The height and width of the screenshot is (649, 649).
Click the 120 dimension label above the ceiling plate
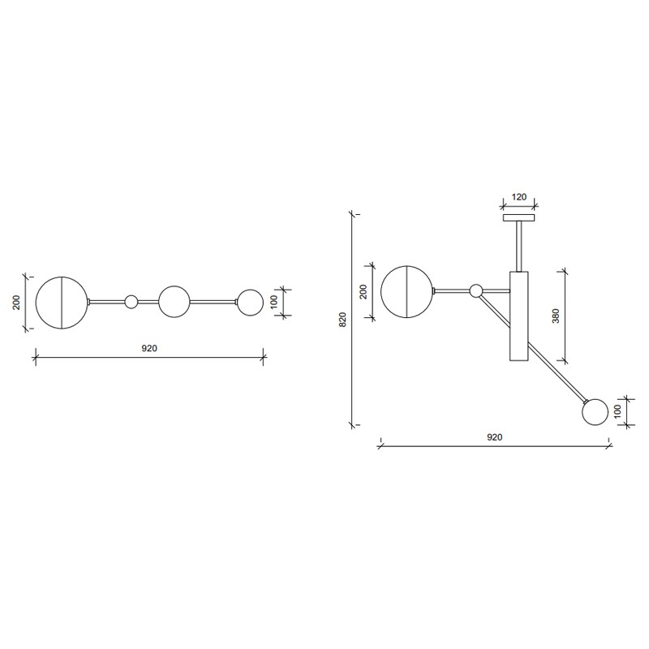pyautogui.click(x=519, y=196)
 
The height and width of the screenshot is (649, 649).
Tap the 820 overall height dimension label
pyautogui.click(x=342, y=320)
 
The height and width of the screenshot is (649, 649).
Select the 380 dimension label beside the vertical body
pyautogui.click(x=556, y=316)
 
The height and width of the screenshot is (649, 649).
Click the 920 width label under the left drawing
pyautogui.click(x=149, y=348)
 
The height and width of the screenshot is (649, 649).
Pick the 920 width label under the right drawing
pyautogui.click(x=494, y=437)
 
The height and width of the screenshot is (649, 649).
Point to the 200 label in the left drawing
pyautogui.click(x=16, y=302)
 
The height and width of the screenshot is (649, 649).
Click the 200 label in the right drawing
pyautogui.click(x=363, y=292)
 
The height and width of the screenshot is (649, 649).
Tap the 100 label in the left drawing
pyautogui.click(x=274, y=302)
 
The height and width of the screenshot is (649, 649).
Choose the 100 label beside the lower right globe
pyautogui.click(x=618, y=412)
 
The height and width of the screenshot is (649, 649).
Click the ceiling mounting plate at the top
pyautogui.click(x=518, y=217)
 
